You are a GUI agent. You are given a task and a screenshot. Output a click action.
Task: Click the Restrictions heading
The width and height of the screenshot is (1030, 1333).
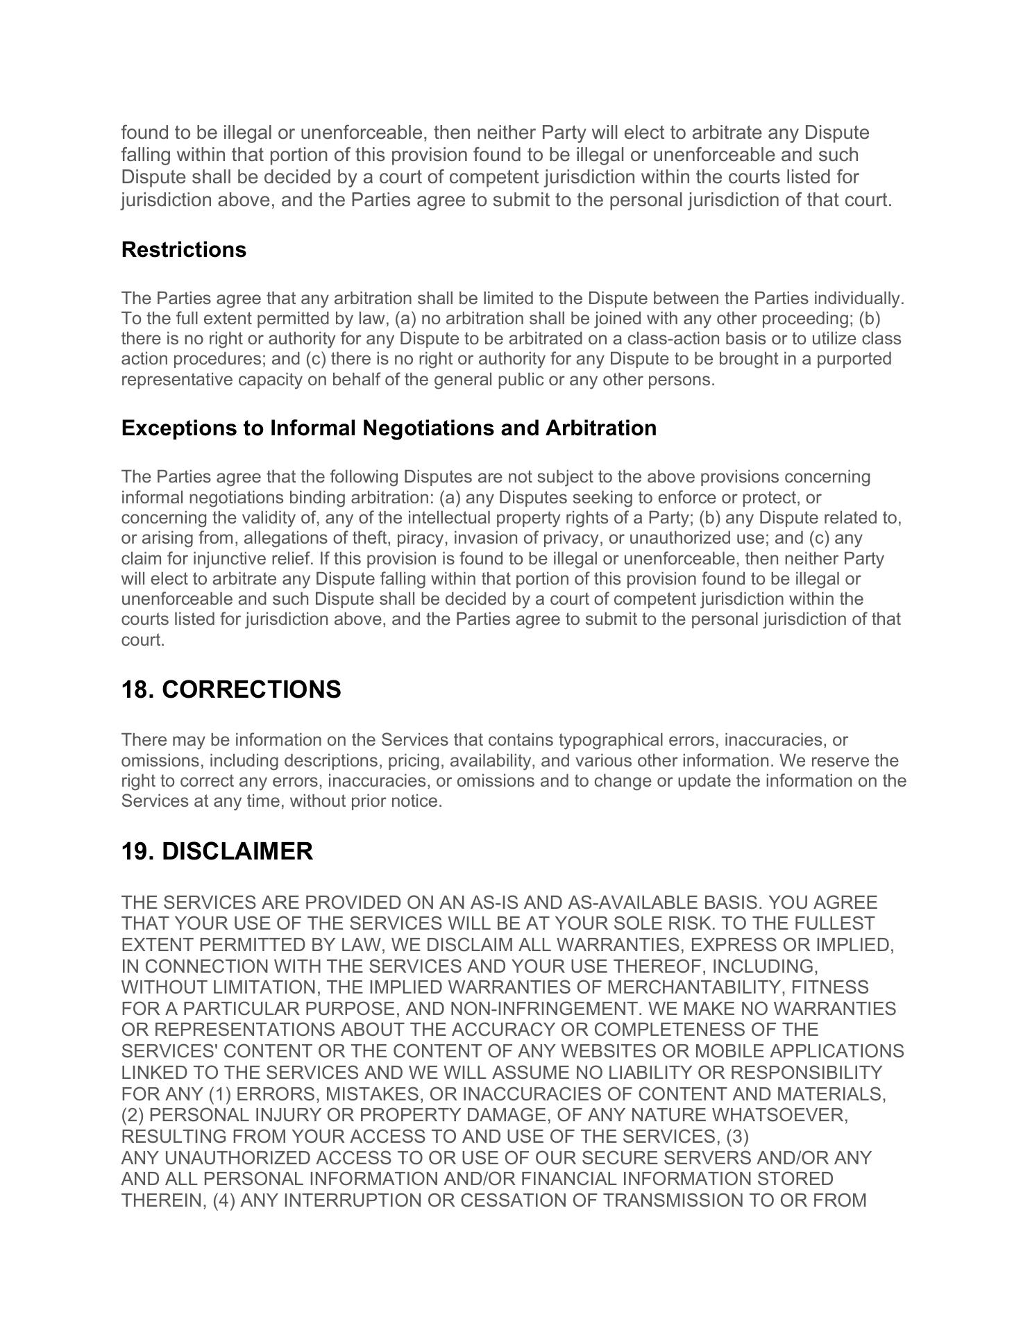(183, 249)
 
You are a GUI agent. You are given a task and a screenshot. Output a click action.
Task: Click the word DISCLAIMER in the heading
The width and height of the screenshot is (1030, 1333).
(237, 851)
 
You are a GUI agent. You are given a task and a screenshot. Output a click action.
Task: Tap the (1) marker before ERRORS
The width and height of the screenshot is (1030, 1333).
(220, 1095)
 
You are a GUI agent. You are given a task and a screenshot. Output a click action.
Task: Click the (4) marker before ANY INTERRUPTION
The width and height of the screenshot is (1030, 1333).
(224, 1201)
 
